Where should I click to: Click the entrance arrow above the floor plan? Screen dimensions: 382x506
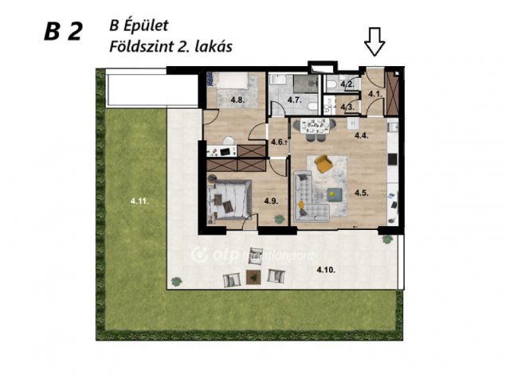coord(375,41)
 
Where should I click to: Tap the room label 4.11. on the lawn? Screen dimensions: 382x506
coord(139,202)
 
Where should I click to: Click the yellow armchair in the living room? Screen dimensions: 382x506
coord(323,163)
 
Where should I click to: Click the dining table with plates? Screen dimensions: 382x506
coord(316,126)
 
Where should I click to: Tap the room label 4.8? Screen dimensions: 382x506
coord(237,100)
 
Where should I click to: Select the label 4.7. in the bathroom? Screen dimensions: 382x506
coord(294,100)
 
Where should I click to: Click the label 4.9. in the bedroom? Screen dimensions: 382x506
coord(271,202)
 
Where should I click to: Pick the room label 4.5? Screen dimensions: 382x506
coord(360,192)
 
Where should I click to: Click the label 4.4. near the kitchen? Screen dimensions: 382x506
coord(360,135)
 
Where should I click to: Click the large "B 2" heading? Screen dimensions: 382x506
coord(63,31)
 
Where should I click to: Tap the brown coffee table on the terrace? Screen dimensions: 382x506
coord(253,276)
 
